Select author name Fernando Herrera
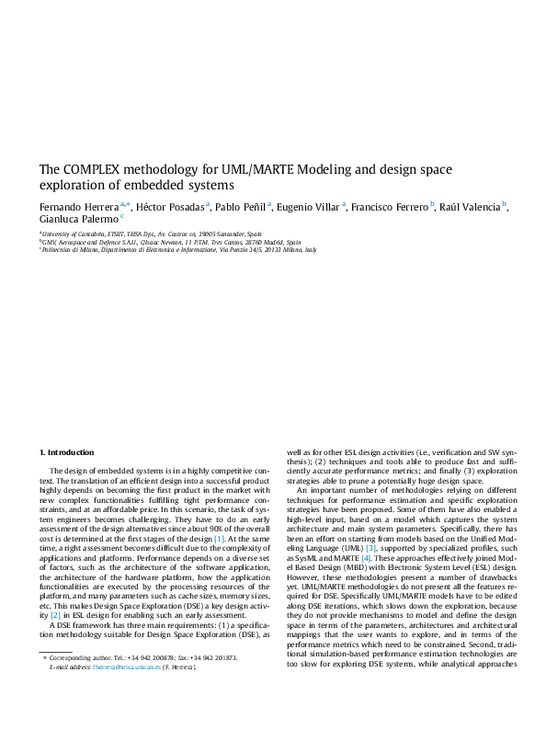click(x=77, y=206)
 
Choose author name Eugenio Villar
click(x=310, y=206)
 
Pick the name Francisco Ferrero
click(x=391, y=206)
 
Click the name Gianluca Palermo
click(x=76, y=221)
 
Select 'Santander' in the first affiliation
click(x=222, y=234)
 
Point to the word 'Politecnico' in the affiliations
click(x=61, y=249)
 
